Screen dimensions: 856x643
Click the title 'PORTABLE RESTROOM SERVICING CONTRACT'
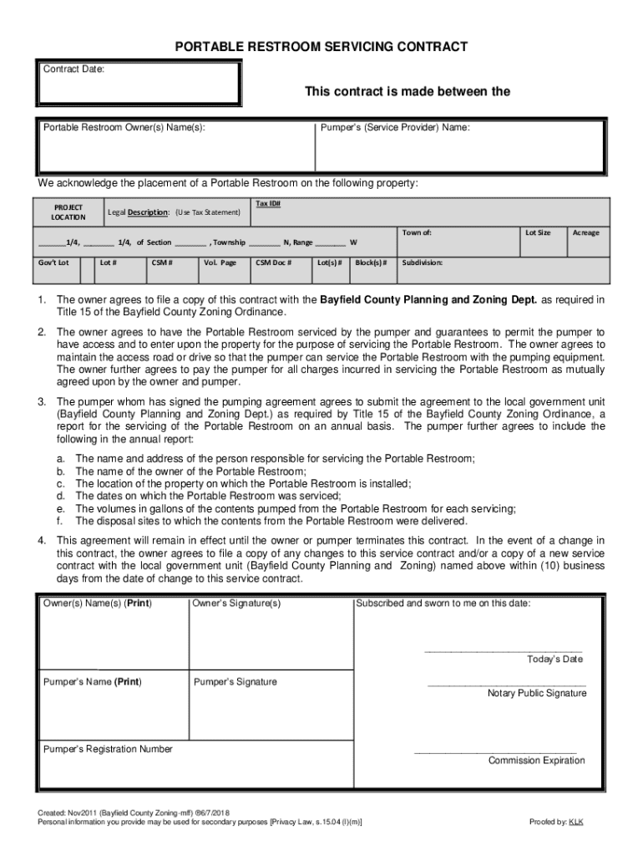pos(321,47)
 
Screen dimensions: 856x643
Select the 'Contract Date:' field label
pos(74,69)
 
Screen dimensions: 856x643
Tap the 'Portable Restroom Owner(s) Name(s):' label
pos(124,128)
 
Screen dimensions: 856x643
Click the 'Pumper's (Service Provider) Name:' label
pos(395,128)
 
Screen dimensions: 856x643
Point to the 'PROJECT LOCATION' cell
pos(68,211)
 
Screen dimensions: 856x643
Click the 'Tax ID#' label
pos(267,203)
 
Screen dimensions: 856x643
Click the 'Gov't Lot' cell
pos(53,262)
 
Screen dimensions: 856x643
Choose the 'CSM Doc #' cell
pos(273,262)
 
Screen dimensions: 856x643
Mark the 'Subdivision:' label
pos(423,262)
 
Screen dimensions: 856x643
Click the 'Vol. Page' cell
pos(220,262)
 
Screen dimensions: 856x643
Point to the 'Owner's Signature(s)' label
pos(236,603)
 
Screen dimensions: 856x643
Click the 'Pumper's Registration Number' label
pos(108,749)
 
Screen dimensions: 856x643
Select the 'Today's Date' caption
pos(554,660)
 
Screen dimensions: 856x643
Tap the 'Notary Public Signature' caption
pos(537,693)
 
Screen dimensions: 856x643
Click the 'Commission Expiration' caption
pos(536,760)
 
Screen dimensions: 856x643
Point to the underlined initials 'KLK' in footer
pos(576,822)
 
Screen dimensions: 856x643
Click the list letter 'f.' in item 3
pos(60,520)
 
